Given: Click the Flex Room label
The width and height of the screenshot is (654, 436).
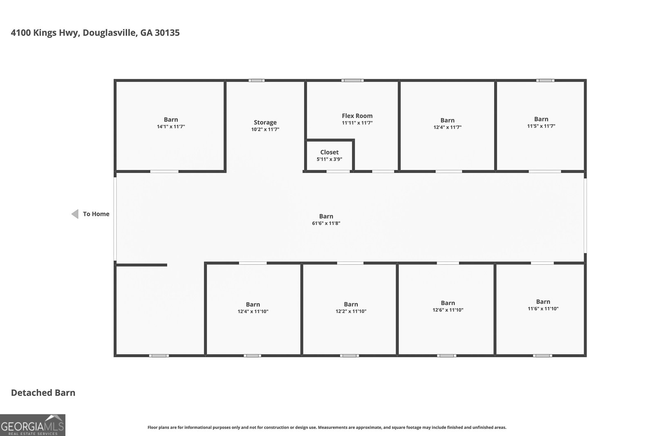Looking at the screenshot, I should [x=357, y=116].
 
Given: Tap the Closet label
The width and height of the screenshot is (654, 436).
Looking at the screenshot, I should [x=329, y=152].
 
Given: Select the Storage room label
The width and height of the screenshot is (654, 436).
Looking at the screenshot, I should [x=265, y=122].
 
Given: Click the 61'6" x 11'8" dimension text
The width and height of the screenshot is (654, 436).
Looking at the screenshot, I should [x=326, y=224].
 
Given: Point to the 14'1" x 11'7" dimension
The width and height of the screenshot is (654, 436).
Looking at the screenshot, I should [x=171, y=127].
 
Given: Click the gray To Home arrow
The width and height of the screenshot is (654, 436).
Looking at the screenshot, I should [x=75, y=214].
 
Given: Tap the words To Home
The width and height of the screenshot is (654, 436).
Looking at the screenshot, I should [x=96, y=214].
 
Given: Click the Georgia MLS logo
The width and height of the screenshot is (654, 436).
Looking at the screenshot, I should [x=32, y=425].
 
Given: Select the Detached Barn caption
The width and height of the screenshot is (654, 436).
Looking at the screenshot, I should [x=43, y=393].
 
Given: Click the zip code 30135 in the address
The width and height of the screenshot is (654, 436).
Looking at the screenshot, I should [x=167, y=33].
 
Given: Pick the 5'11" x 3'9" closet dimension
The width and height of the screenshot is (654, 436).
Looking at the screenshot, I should [x=329, y=159].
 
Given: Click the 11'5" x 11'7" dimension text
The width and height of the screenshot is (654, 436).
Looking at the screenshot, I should [x=541, y=126].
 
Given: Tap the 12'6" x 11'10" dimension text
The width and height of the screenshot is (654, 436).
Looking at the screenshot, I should [x=448, y=310].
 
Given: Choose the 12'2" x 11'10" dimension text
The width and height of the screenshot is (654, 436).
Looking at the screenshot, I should [x=351, y=311].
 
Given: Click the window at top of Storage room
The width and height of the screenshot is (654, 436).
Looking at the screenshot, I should [x=257, y=80].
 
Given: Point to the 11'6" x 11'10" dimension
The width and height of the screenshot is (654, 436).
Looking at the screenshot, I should [x=543, y=309].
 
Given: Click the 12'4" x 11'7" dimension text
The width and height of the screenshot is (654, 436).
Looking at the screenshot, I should [x=447, y=127].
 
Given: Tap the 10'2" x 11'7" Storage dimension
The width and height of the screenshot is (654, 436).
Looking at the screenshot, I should [x=265, y=130].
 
